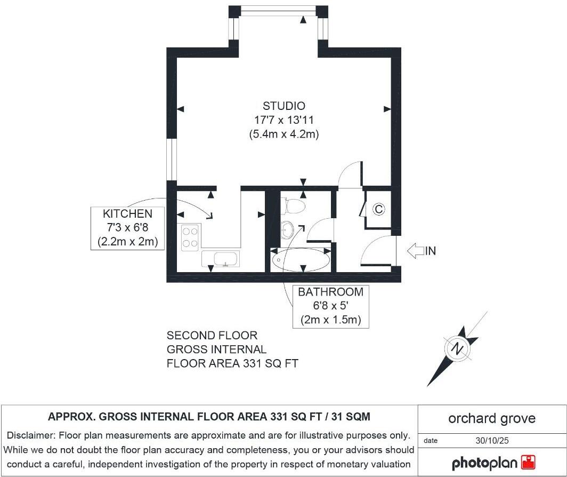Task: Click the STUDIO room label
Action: coord(283,106)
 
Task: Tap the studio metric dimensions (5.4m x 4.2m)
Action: coord(283,134)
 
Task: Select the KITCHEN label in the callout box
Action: coord(127,214)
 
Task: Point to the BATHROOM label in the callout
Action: coord(330,292)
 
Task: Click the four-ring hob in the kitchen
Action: coord(190,238)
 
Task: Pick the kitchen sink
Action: coord(221,259)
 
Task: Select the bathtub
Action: coord(300,260)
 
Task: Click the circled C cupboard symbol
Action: coord(378,209)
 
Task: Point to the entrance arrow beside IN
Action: coord(415,251)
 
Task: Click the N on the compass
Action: coord(457,348)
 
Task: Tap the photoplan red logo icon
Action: coord(528,462)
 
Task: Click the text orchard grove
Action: coord(491,418)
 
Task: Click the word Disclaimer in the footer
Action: coord(31,435)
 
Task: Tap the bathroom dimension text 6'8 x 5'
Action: coord(330,307)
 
